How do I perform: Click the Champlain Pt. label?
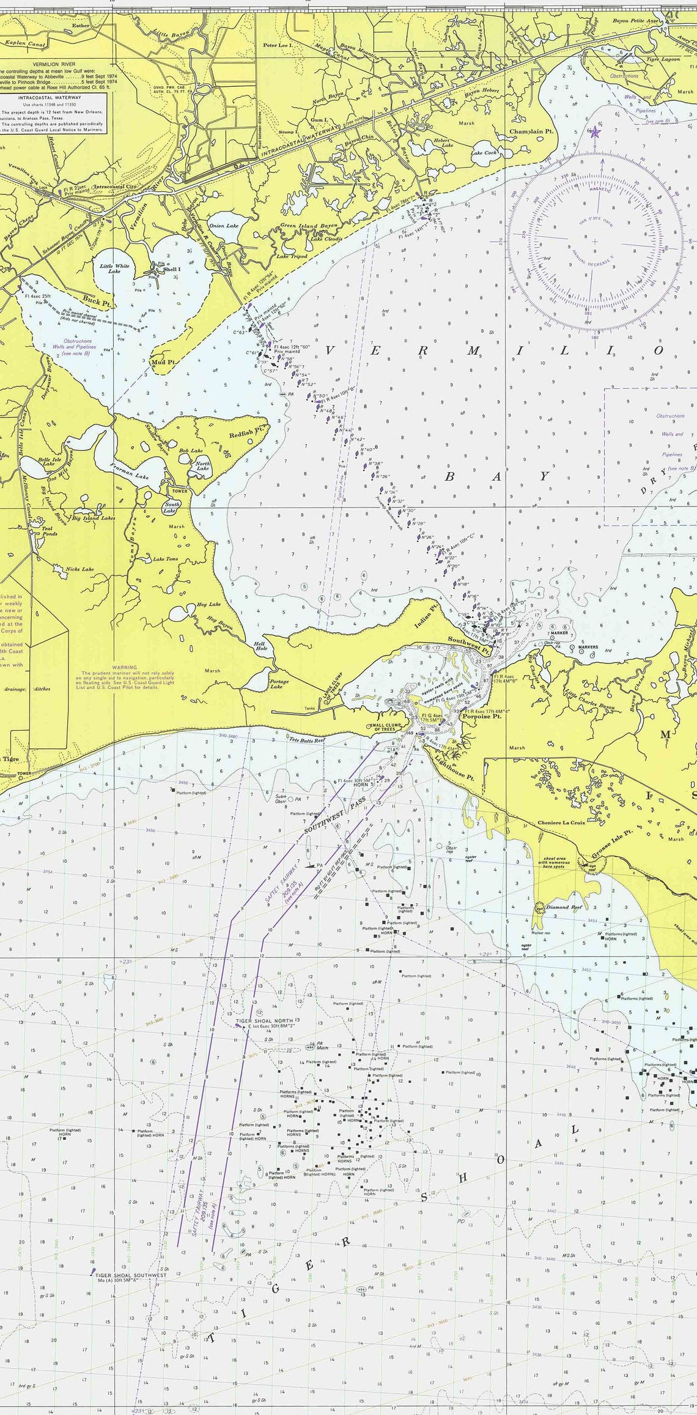531,131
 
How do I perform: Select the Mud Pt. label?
163,362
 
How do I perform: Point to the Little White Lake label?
114,268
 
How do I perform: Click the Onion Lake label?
224,226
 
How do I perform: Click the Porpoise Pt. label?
481,716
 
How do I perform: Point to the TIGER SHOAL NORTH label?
264,1021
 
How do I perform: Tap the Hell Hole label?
261,646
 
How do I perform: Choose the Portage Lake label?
279,684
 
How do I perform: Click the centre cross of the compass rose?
594,241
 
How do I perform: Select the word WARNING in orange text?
125,668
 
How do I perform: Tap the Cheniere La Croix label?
561,822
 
